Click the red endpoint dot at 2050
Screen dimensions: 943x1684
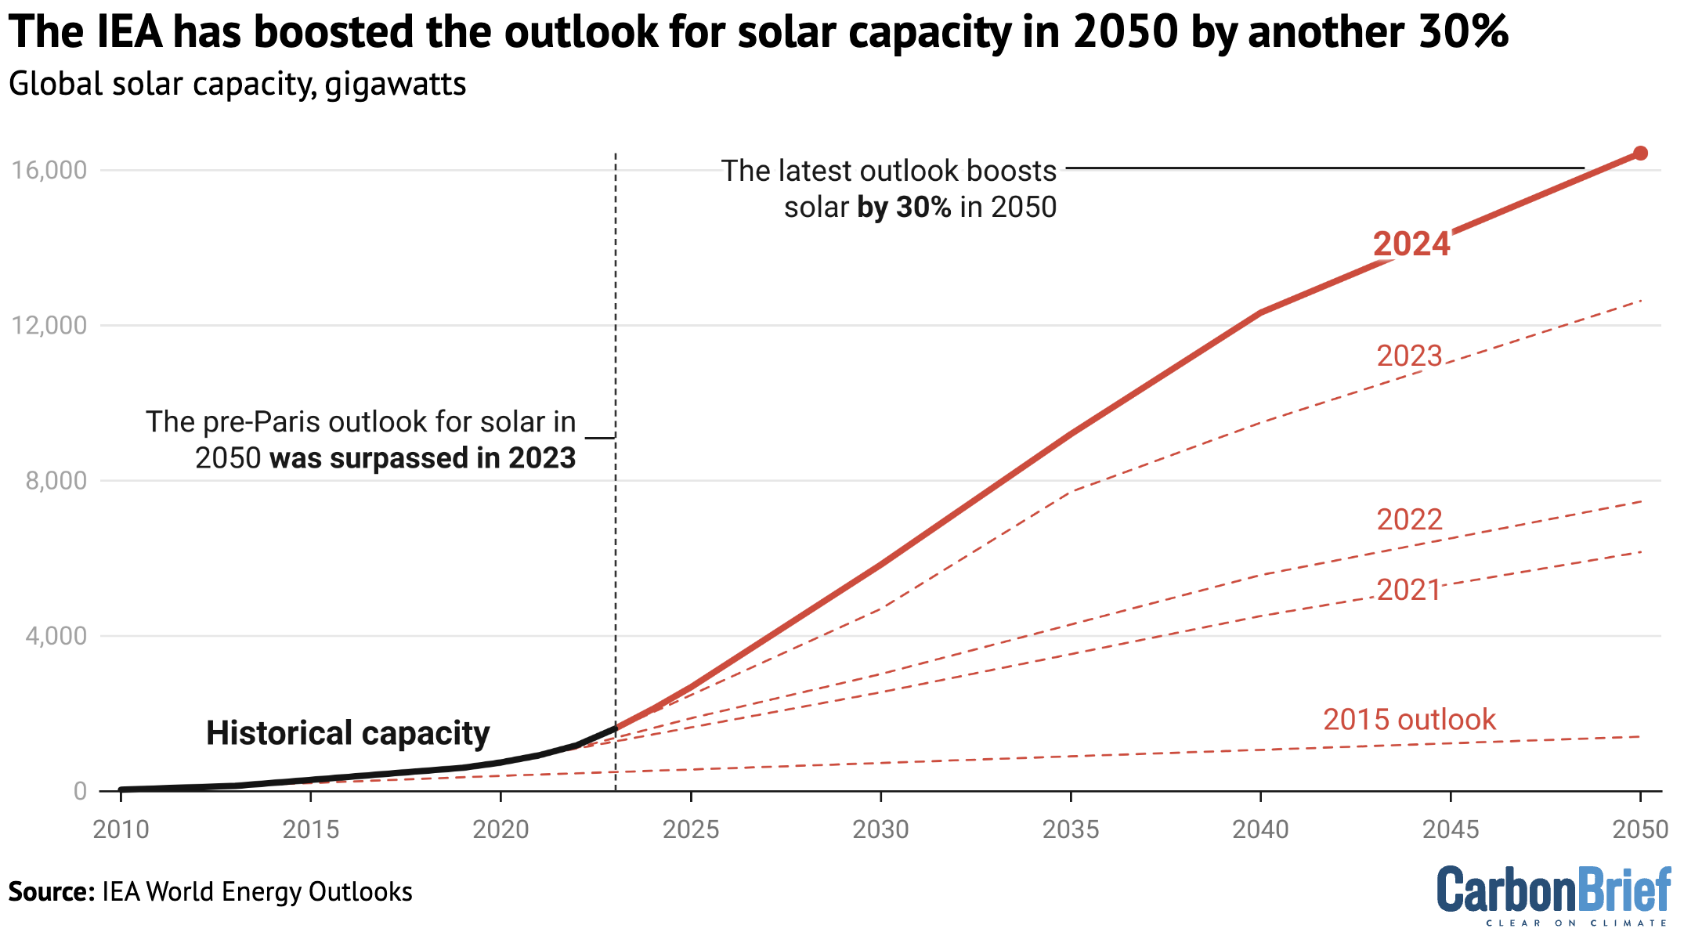coord(1640,154)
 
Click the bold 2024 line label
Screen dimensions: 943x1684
coord(1411,244)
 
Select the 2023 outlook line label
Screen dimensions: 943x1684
coord(1409,356)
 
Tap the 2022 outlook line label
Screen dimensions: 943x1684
coord(1409,520)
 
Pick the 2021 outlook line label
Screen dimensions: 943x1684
coord(1409,591)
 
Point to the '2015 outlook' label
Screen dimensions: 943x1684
coord(1409,720)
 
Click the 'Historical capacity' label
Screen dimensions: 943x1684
coord(348,734)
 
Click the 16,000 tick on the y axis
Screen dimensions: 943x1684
coord(49,170)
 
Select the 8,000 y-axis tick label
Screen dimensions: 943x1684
coord(56,481)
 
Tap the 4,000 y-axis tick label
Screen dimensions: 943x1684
coord(56,636)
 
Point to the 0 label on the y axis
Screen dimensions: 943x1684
coord(80,791)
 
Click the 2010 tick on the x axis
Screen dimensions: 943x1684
coord(121,829)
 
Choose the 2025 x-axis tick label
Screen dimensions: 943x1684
coord(690,829)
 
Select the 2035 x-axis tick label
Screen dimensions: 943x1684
coord(1071,829)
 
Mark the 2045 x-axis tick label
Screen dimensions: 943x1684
coord(1451,829)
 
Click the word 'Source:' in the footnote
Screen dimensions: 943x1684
coord(51,892)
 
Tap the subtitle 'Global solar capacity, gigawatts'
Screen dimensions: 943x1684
coord(237,84)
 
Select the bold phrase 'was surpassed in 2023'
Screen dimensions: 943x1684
coord(423,458)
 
